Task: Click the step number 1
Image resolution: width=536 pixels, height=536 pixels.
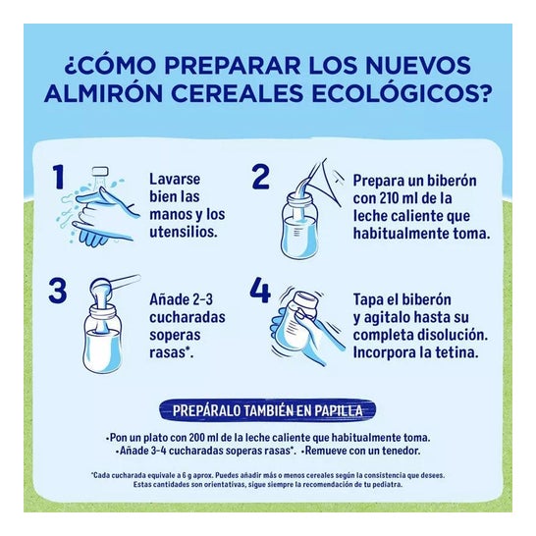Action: coord(58,177)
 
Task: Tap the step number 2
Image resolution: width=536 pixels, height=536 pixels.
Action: coord(260,177)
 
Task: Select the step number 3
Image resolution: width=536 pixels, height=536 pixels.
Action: coord(59,292)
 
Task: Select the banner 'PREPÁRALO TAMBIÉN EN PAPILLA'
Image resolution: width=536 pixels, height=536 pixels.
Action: coord(267,410)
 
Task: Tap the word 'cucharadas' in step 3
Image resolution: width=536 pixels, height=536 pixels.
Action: coord(188,317)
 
